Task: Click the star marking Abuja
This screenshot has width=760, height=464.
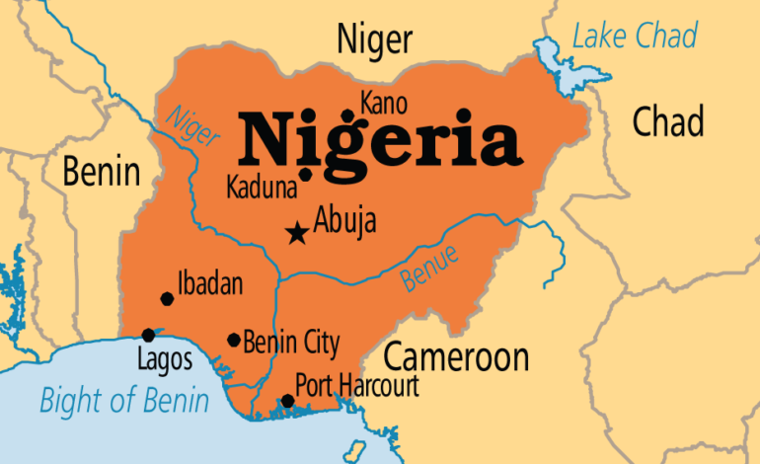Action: coord(295,233)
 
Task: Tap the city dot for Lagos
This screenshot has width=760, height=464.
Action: coord(148,335)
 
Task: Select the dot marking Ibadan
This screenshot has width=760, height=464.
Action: coord(167,298)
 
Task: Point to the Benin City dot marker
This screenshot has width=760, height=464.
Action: coord(234,340)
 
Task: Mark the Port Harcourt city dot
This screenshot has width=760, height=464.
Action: coord(287,400)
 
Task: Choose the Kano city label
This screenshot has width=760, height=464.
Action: coord(383,103)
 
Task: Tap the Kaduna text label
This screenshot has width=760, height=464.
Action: coord(261,186)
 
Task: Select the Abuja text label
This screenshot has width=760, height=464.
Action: coord(344,222)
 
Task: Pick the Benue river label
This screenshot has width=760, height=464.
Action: coord(429,267)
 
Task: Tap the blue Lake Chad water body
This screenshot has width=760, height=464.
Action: coord(558,61)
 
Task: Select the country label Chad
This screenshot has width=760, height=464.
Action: coord(668,122)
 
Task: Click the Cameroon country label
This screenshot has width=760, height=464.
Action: coord(456,356)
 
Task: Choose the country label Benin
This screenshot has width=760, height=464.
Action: coord(101,171)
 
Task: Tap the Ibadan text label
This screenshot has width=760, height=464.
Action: coord(209,283)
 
